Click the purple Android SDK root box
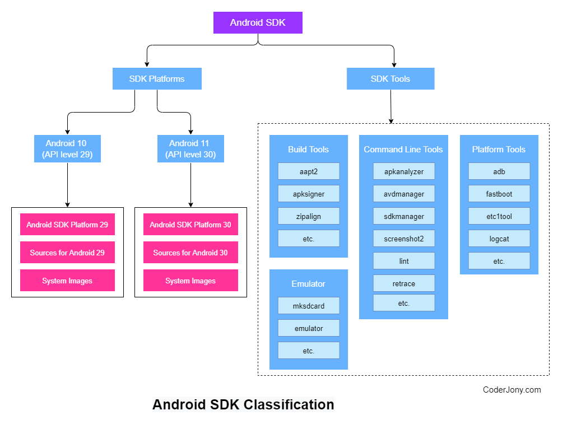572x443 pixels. pyautogui.click(x=258, y=23)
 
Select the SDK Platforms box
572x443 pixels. pyautogui.click(x=157, y=79)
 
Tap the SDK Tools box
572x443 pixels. pyautogui.click(x=390, y=79)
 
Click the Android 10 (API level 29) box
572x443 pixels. pyautogui.click(x=67, y=149)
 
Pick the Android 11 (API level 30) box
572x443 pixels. pyautogui.click(x=190, y=149)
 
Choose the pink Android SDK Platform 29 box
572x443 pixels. pyautogui.click(x=67, y=225)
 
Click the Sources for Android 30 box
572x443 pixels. pyautogui.click(x=190, y=253)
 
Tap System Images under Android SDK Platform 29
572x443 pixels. pyautogui.click(x=67, y=281)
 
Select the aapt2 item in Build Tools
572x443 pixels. pyautogui.click(x=309, y=171)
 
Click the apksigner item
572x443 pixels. pyautogui.click(x=309, y=194)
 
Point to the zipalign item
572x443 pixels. pyautogui.click(x=309, y=216)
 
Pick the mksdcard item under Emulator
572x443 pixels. pyautogui.click(x=309, y=306)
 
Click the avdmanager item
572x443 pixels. pyautogui.click(x=404, y=194)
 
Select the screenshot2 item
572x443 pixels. pyautogui.click(x=404, y=239)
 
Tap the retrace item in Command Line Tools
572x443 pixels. pyautogui.click(x=404, y=283)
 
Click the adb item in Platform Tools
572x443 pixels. pyautogui.click(x=499, y=171)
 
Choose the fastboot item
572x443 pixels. pyautogui.click(x=499, y=194)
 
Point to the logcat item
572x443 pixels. pyautogui.click(x=499, y=239)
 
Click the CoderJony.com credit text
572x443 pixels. pyautogui.click(x=512, y=390)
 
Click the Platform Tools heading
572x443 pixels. pyautogui.click(x=499, y=150)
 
